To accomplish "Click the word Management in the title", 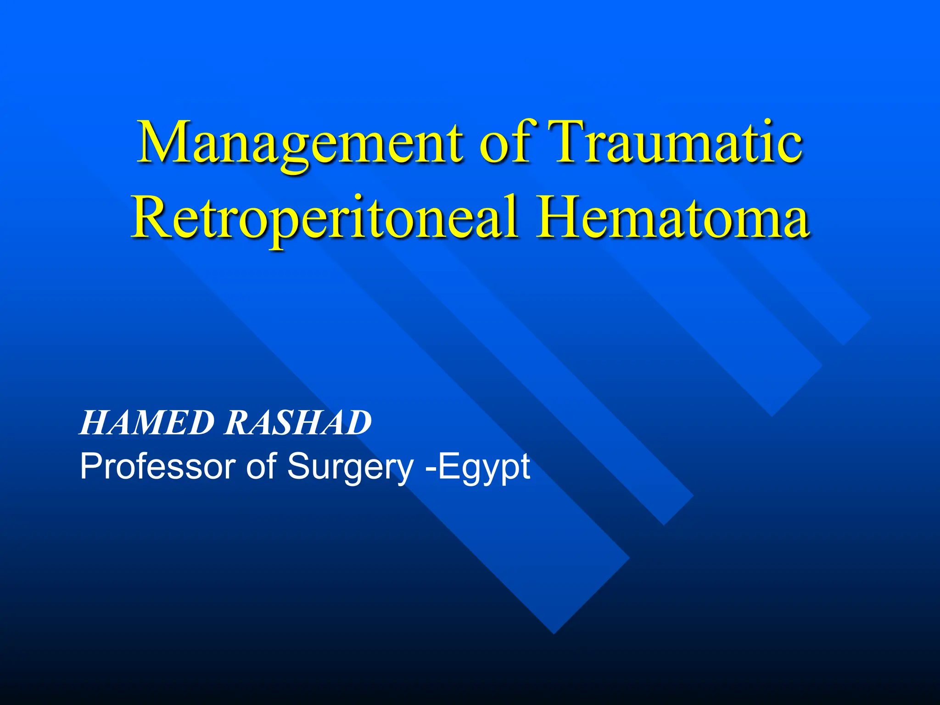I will point(300,143).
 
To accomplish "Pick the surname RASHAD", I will point(298,423).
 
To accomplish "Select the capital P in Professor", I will point(90,466).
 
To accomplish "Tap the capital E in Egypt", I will point(448,466).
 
